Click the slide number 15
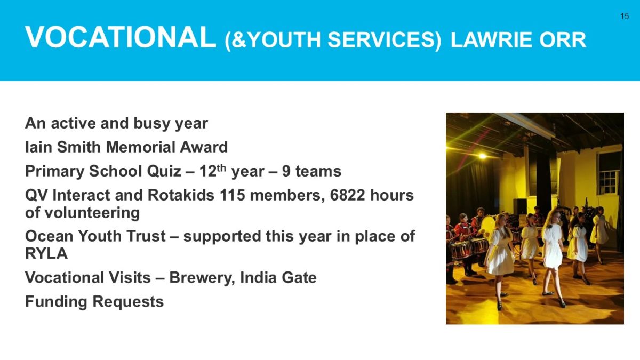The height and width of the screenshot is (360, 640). point(625,16)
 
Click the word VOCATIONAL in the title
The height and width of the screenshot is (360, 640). point(121,37)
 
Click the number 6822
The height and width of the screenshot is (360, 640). point(347,195)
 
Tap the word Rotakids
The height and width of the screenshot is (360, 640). point(181,195)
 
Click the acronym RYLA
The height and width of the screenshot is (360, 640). point(46,253)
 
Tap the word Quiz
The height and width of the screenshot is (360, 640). point(164,171)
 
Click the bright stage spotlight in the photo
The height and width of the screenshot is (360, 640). point(482,156)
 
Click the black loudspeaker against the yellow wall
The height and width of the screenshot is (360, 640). point(520,206)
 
